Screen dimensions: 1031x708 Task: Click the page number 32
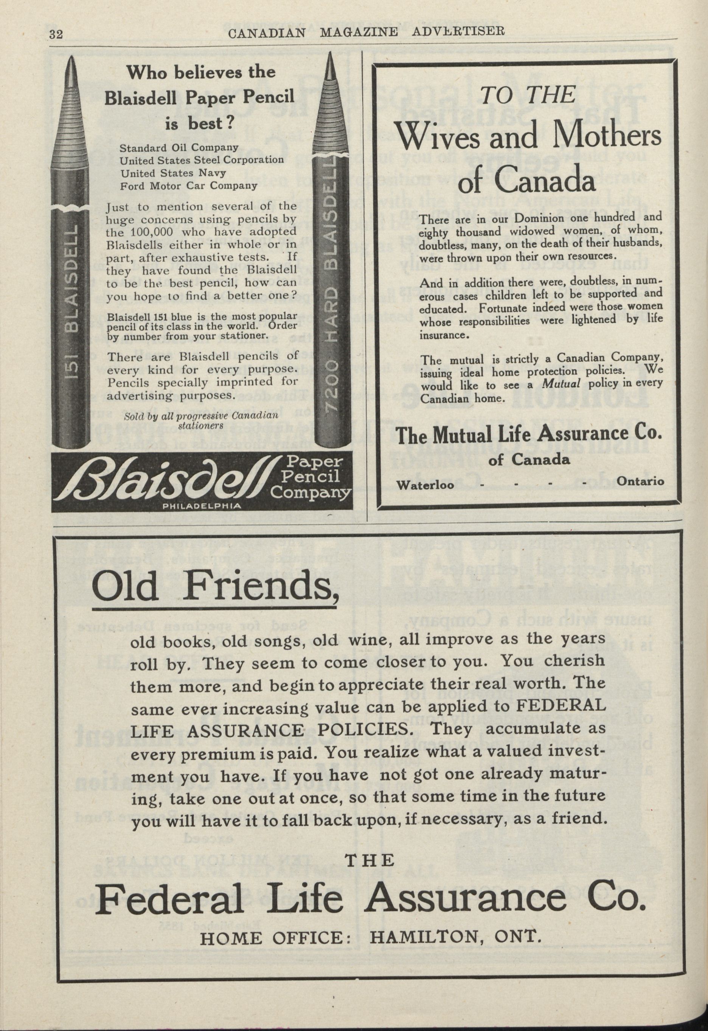[x=56, y=34]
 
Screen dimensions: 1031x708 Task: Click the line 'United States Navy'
[x=173, y=172]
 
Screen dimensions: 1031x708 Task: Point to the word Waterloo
[x=425, y=484]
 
